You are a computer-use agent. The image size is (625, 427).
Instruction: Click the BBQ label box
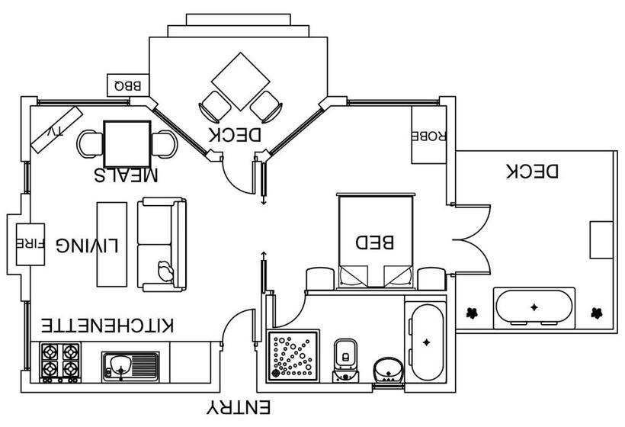127,85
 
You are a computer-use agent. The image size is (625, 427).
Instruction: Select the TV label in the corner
56,130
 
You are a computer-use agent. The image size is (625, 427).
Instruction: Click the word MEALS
127,175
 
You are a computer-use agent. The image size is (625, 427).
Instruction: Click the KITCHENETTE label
107,326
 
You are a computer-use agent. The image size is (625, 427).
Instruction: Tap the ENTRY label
239,408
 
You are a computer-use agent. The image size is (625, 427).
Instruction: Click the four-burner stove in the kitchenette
61,361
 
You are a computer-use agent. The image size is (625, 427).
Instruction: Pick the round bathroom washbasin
388,369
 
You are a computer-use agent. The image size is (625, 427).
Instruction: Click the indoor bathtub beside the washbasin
426,342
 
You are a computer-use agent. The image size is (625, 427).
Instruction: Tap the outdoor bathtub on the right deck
534,307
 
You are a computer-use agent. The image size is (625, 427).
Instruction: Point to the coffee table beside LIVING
112,243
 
